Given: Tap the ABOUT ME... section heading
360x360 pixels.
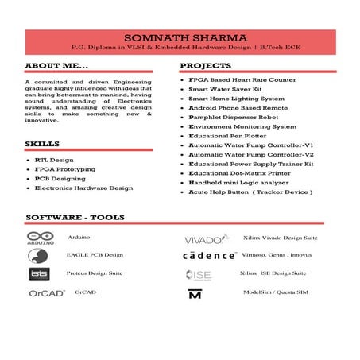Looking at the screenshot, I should (52, 66).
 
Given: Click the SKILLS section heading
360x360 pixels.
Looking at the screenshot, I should (42, 144).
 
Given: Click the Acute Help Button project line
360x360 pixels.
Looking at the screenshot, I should (250, 192).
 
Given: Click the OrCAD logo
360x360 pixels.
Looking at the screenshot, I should (46, 292).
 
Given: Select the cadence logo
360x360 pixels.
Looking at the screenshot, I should (209, 256).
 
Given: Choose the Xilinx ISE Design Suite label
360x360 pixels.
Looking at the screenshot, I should (278, 273).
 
